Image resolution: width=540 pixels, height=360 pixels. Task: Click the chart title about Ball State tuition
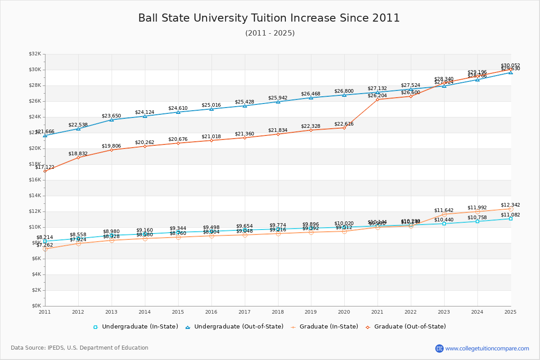pos(269,18)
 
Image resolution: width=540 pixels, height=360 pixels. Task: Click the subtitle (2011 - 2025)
pos(270,33)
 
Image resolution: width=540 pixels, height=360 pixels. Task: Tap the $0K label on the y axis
pos(36,306)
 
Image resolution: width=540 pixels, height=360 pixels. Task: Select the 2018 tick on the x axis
pos(278,312)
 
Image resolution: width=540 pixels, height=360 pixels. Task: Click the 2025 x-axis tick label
pos(510,312)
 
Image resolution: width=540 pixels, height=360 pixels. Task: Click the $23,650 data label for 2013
pos(111,116)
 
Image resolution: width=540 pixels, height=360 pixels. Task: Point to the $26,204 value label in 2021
pos(377,95)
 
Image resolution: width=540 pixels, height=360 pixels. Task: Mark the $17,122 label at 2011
pos(45,167)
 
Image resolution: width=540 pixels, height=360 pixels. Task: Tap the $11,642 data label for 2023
pos(444,210)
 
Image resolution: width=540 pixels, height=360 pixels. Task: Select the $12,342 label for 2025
pos(510,205)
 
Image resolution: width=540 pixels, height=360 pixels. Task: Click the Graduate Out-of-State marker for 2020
pos(344,128)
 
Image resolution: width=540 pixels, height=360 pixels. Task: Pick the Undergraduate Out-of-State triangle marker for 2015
pos(178,112)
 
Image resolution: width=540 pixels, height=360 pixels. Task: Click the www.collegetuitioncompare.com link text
pos(487,348)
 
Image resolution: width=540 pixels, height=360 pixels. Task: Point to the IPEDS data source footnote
pos(80,348)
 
